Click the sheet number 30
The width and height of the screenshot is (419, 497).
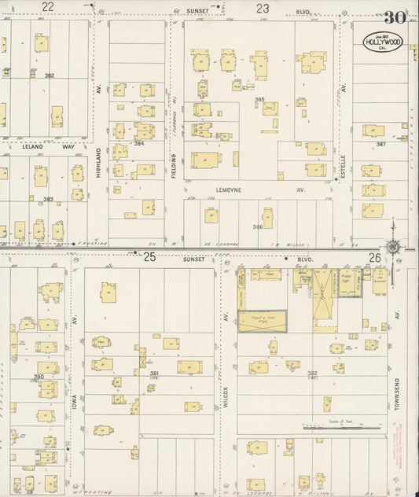(x=395, y=17)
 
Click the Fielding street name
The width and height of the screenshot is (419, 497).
(x=175, y=166)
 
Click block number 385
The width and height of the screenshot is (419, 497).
(x=259, y=100)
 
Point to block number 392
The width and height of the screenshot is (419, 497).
(x=312, y=374)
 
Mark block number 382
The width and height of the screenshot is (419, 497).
(x=49, y=75)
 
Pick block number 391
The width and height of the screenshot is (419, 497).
(x=155, y=374)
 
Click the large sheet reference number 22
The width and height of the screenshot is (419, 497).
(x=48, y=7)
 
